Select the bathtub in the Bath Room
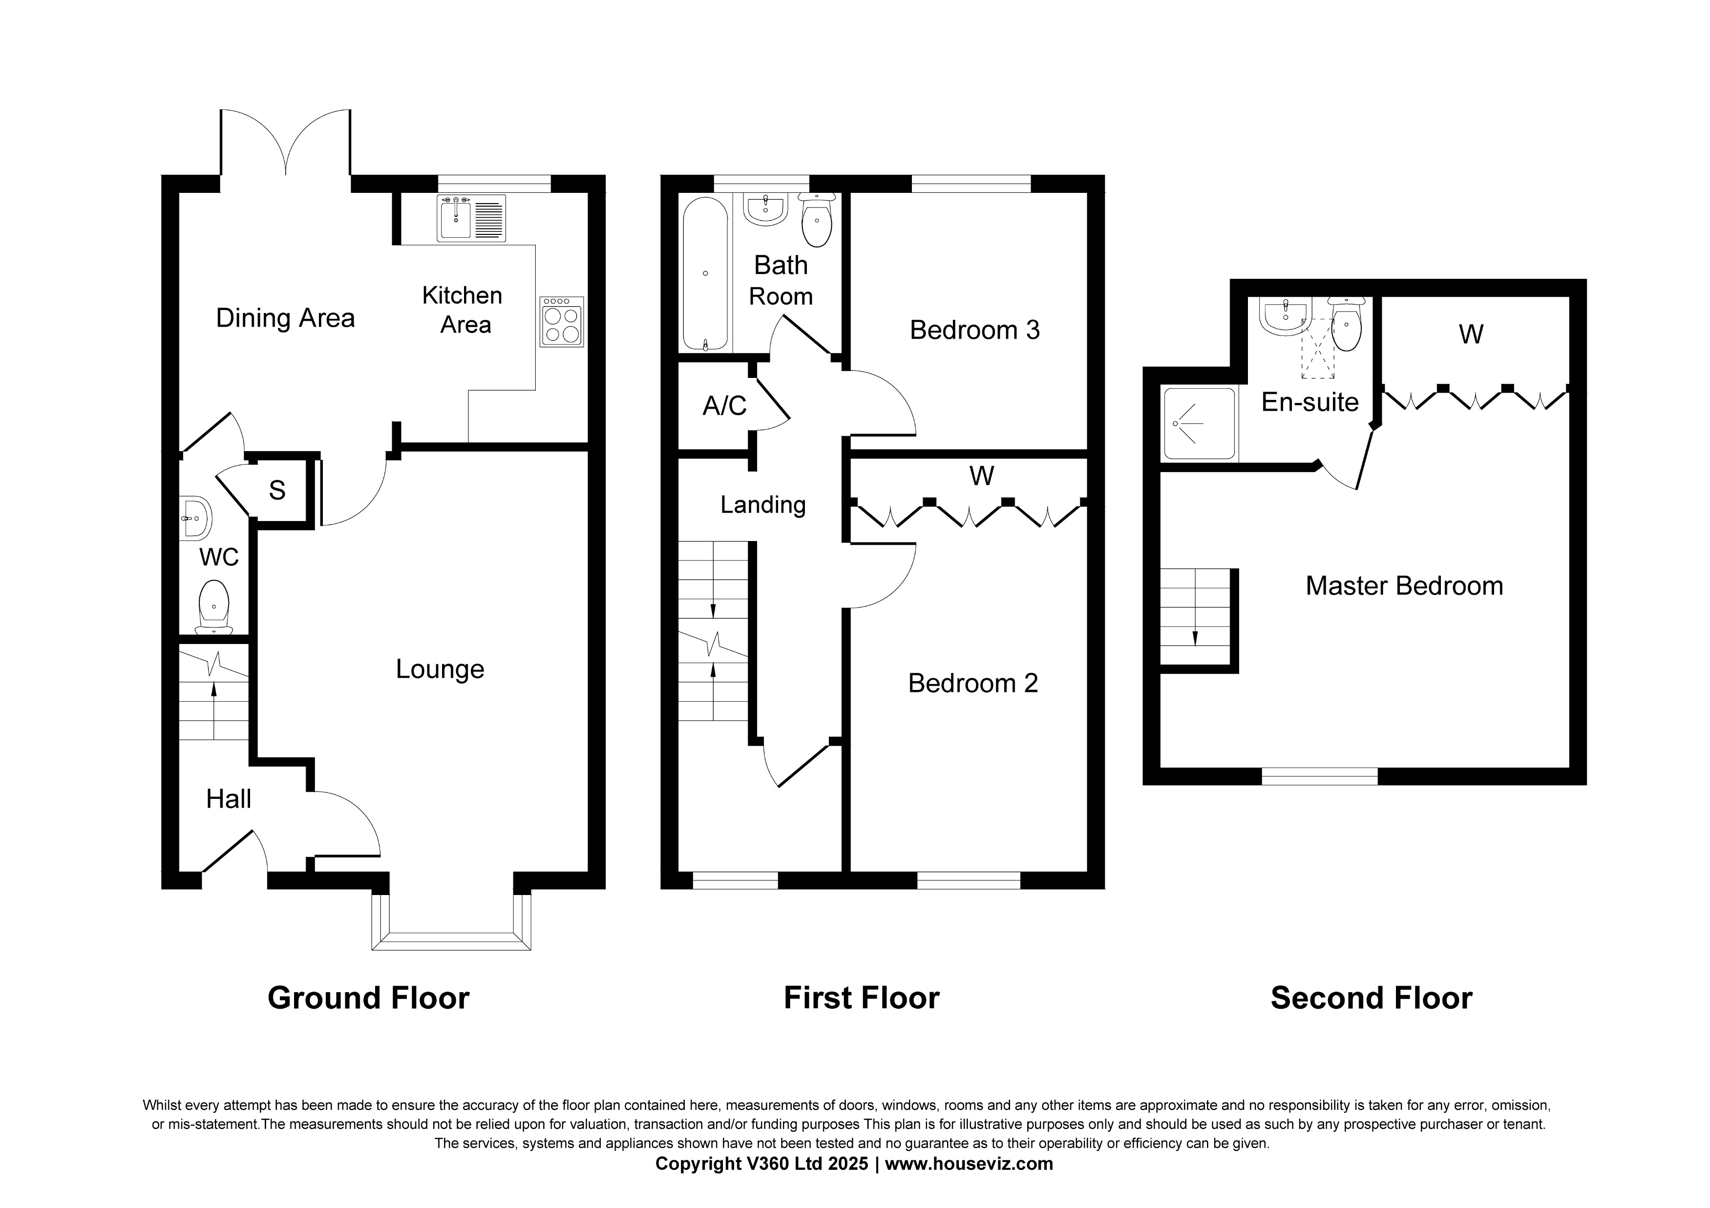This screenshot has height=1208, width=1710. coord(704,273)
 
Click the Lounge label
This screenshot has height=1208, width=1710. coord(440,669)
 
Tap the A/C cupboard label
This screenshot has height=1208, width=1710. coord(724,406)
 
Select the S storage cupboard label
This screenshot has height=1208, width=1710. coord(277,490)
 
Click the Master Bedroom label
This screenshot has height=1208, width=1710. coord(1404,586)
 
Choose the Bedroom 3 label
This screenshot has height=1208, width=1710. coord(974,330)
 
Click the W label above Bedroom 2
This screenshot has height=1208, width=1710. coord(982,476)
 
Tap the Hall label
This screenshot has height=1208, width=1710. coord(228,799)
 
